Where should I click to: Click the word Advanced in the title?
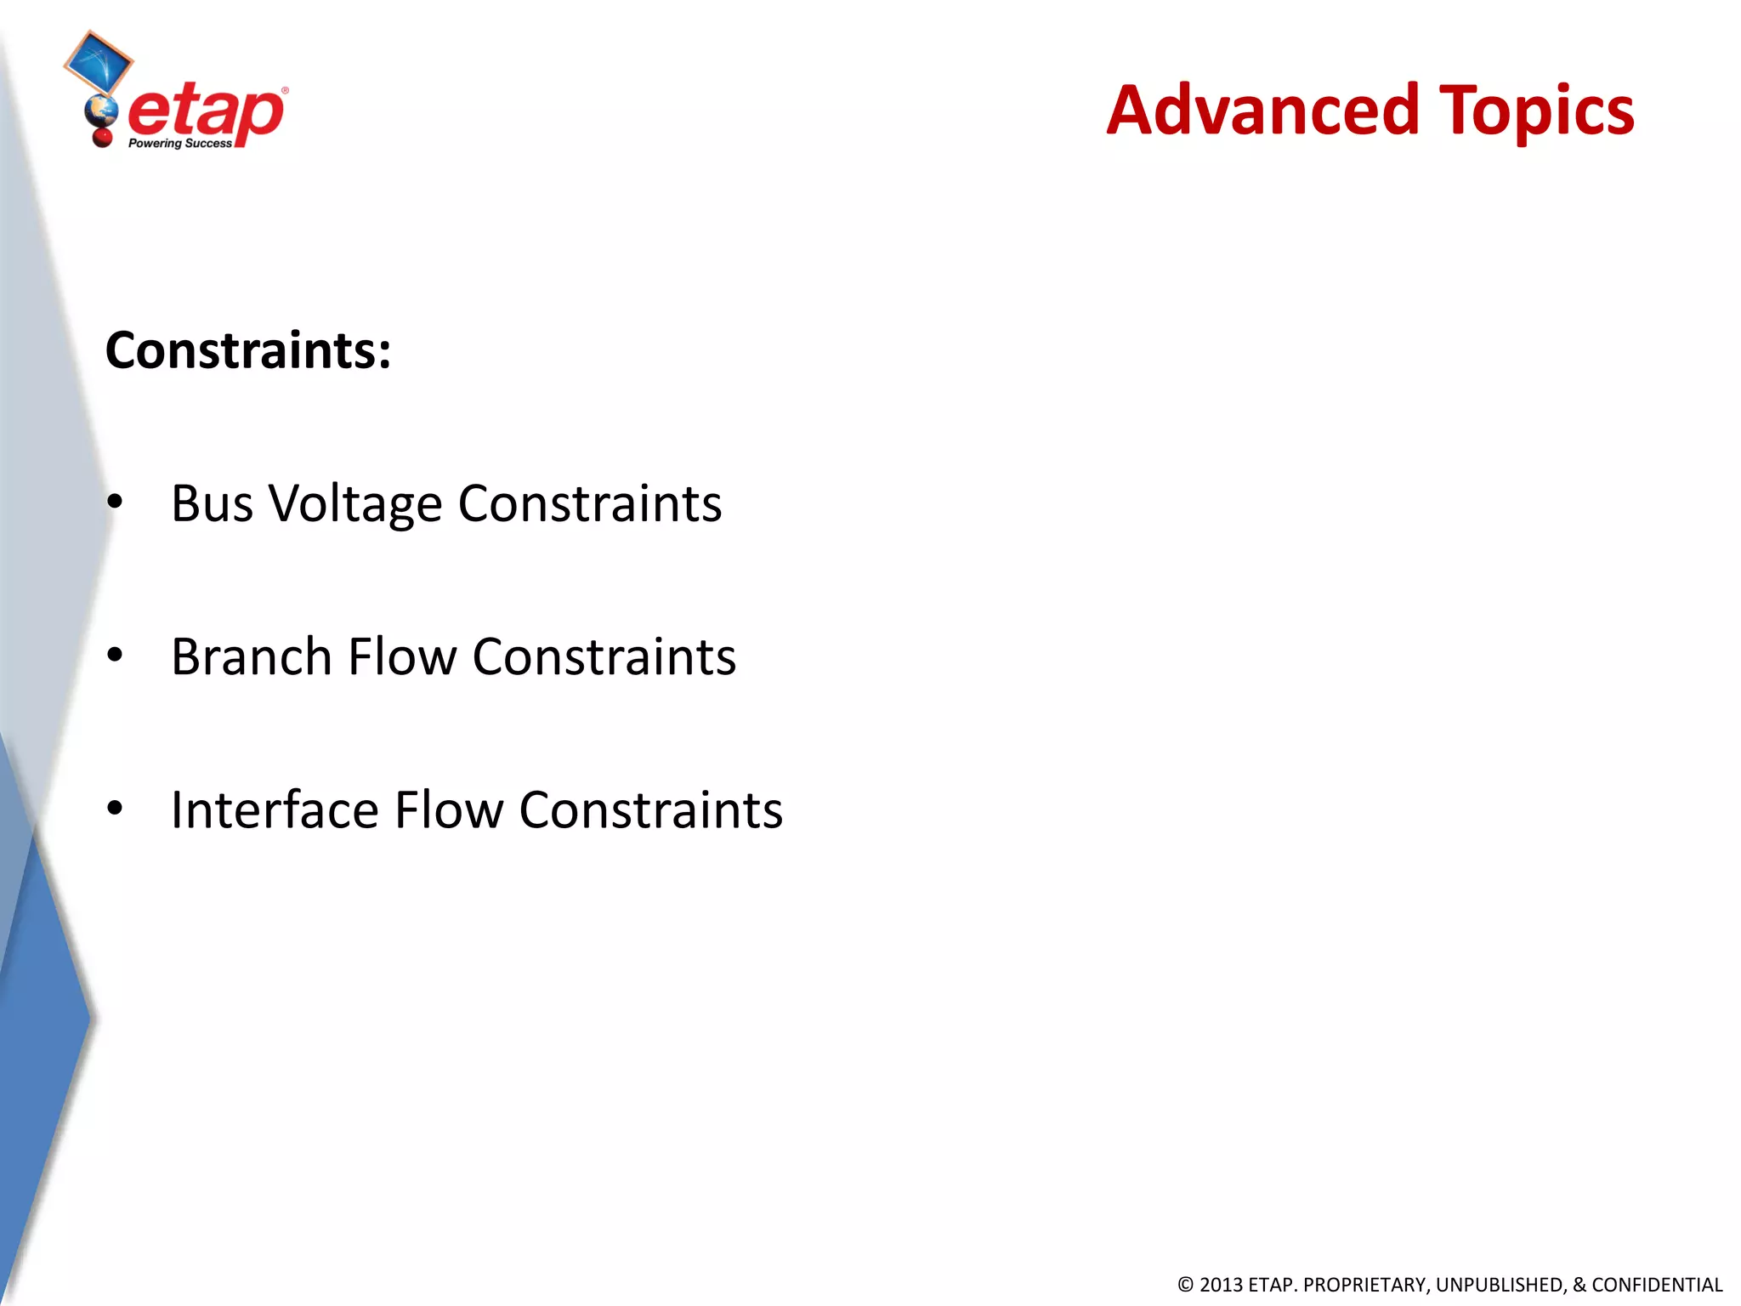point(1262,111)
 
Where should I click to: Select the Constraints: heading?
point(248,350)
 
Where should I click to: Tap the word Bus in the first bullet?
point(212,503)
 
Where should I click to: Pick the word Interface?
point(274,809)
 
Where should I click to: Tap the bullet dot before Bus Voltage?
point(116,502)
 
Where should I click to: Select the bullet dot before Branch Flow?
point(116,655)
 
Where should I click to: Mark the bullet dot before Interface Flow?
point(116,808)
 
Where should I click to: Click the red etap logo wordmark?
point(207,112)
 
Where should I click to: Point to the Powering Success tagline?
point(179,144)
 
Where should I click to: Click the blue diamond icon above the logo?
point(99,61)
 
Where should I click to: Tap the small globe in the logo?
point(101,110)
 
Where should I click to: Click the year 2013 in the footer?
point(1221,1285)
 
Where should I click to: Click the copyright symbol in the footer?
point(1185,1285)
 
